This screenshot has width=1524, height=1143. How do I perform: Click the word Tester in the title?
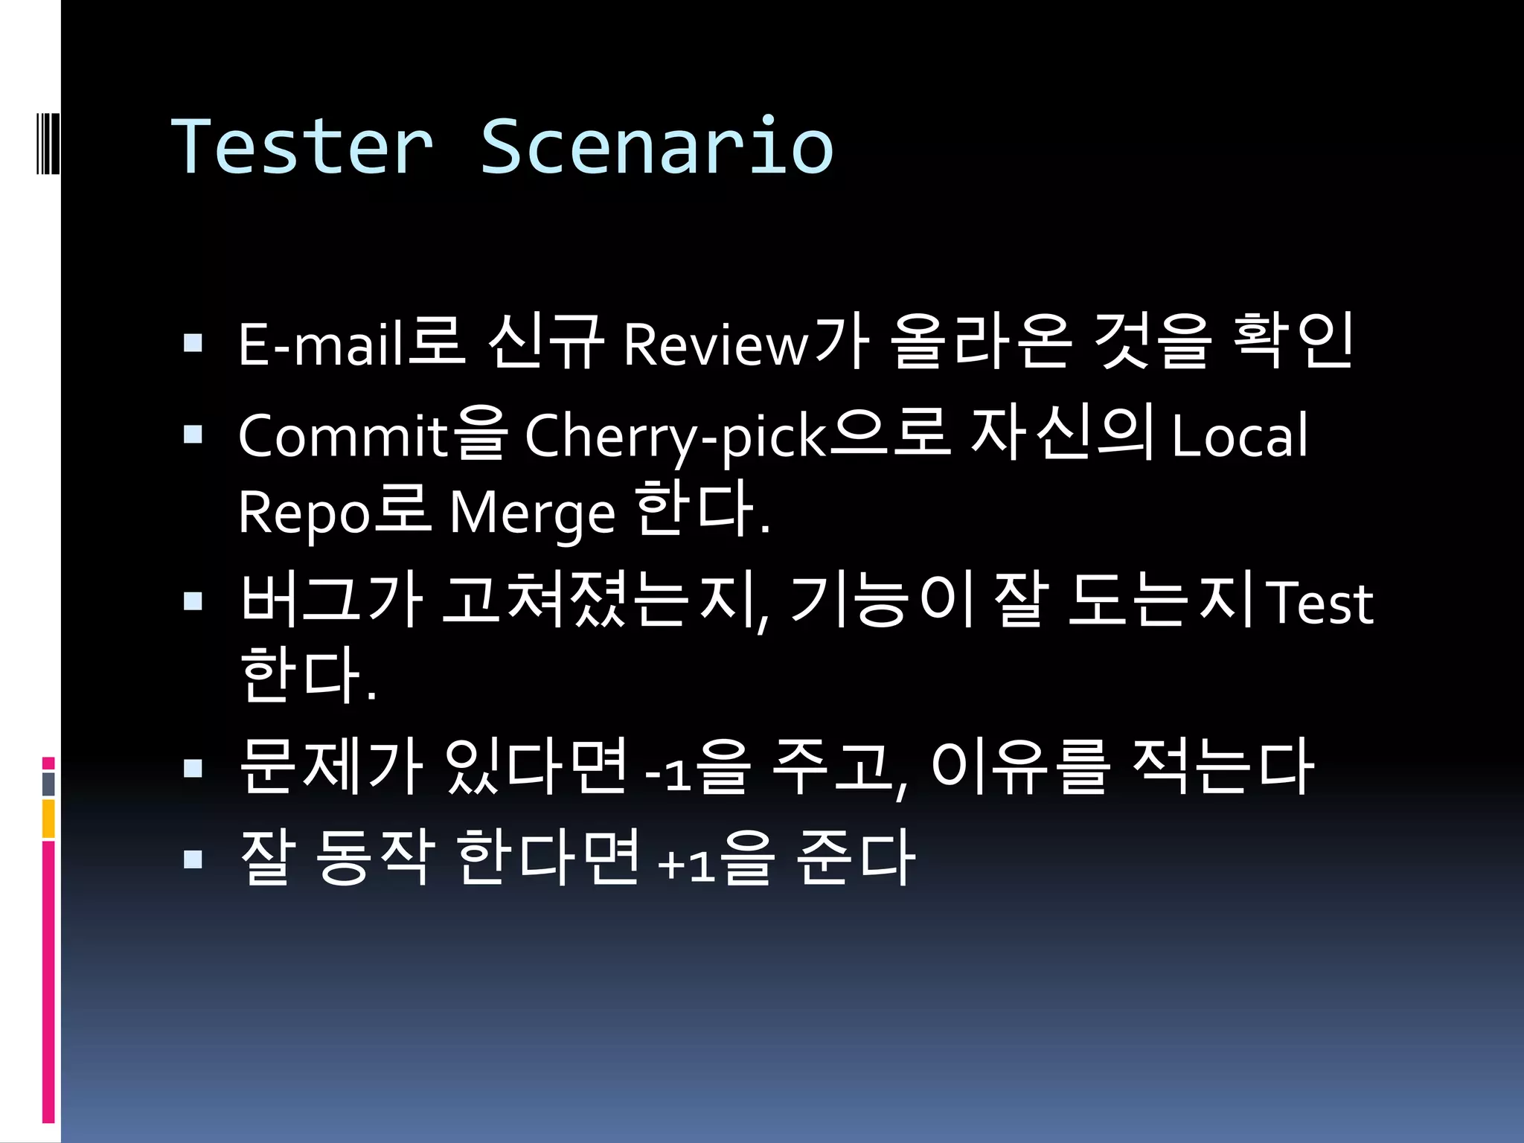point(302,147)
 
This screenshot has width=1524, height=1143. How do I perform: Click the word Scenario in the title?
point(656,147)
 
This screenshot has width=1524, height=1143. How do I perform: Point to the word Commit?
point(343,436)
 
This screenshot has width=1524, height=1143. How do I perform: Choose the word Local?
point(1239,436)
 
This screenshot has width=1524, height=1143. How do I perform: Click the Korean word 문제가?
point(332,766)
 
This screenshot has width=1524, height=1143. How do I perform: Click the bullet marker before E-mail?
point(193,343)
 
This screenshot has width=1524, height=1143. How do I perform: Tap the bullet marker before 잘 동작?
point(193,860)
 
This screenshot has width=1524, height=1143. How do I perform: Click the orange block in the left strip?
point(48,819)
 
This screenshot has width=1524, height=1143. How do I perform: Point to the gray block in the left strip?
point(48,784)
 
